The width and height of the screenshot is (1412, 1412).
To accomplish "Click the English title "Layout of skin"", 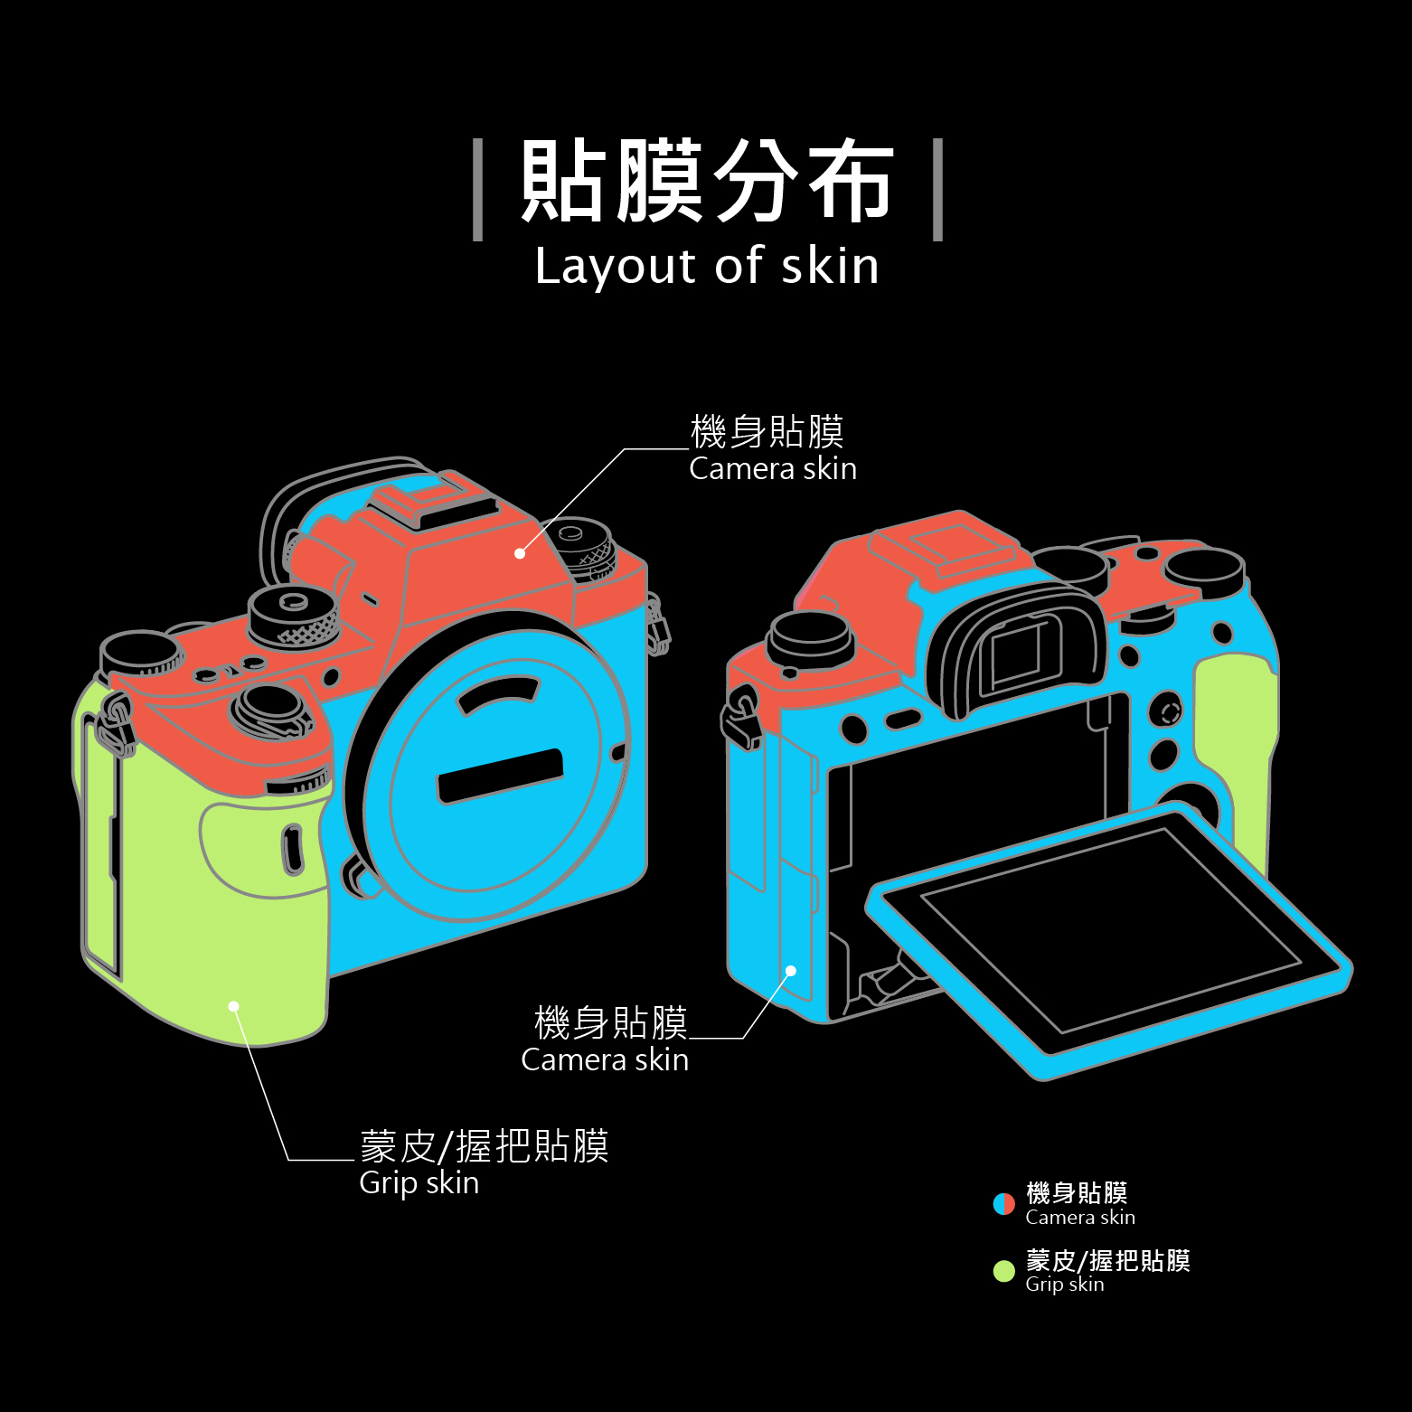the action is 706,266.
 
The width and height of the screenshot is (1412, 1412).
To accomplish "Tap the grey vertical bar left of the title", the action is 478,190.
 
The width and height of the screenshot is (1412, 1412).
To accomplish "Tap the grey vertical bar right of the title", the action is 937,190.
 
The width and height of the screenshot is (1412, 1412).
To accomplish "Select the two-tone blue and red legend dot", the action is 1003,1204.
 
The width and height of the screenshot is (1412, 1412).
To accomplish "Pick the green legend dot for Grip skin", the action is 1003,1271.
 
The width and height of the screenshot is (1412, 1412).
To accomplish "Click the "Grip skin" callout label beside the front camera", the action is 419,1182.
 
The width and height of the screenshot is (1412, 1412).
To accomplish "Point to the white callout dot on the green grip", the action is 233,1006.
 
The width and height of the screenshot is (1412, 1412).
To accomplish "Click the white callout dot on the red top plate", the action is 520,553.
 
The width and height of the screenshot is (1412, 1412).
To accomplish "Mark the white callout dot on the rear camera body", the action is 791,971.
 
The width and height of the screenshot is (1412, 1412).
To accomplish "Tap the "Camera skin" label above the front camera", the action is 772,468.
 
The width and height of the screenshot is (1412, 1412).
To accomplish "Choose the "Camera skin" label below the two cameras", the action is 605,1059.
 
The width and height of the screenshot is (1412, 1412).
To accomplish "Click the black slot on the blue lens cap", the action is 500,775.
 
